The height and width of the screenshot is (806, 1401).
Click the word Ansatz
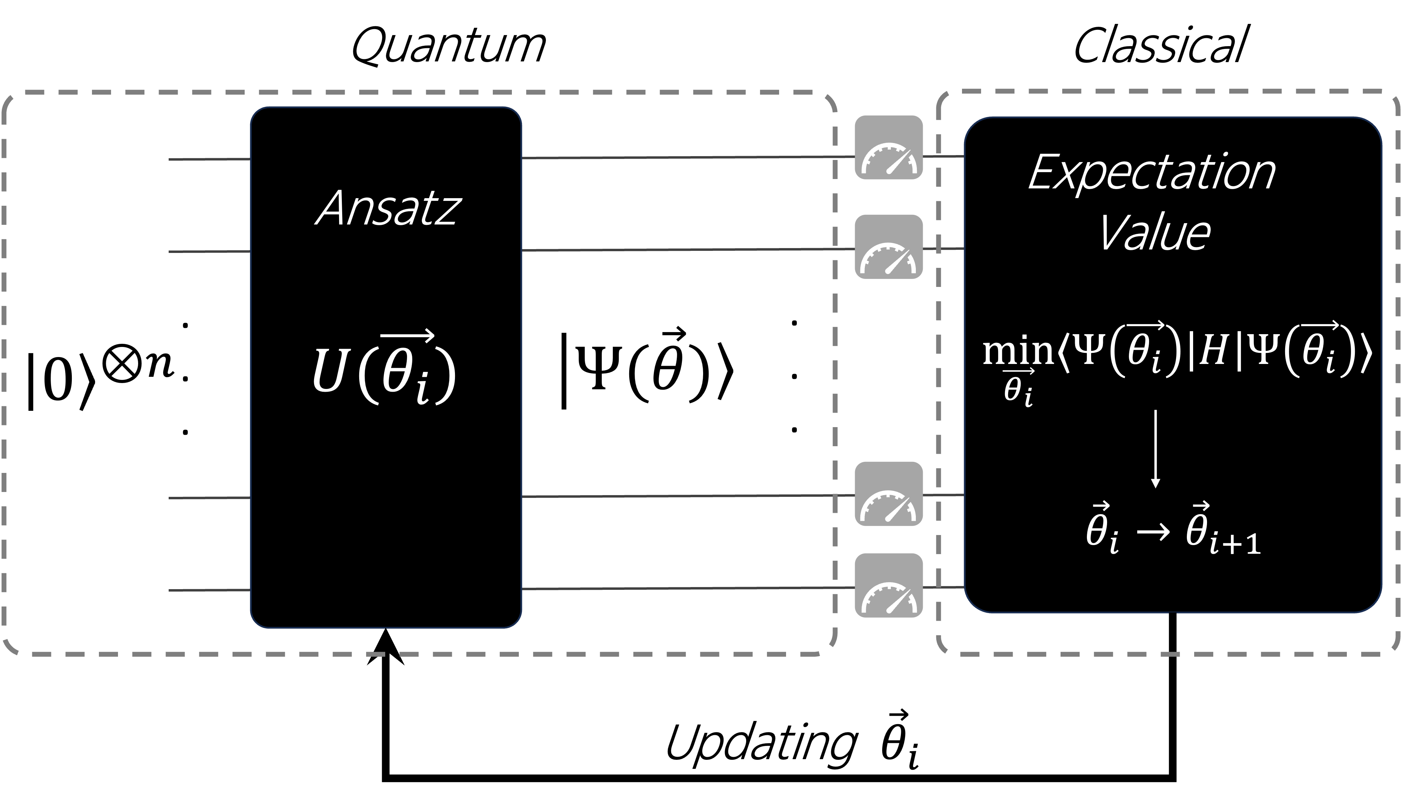tap(388, 209)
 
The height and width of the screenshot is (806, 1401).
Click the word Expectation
tap(1152, 173)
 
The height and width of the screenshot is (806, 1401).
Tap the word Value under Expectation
tap(1154, 234)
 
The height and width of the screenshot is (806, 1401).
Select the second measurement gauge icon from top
tap(888, 247)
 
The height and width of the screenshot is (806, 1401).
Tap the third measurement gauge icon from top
tap(888, 494)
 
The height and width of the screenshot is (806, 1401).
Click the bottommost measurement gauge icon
tap(888, 586)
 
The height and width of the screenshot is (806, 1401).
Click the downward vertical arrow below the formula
tap(1155, 448)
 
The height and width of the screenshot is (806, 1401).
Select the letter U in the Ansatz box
tap(329, 371)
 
